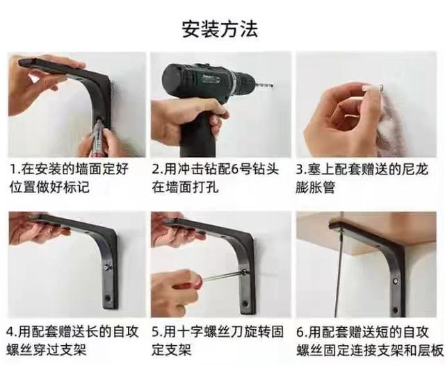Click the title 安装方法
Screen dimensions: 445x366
220,28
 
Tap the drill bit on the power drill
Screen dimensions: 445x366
264,84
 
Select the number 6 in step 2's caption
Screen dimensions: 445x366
235,170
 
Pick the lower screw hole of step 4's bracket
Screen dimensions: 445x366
108,299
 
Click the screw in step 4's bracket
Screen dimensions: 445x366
106,267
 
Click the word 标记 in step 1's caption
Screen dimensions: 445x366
76,187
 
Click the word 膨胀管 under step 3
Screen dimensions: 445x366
315,187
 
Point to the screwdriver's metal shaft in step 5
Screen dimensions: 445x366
224,275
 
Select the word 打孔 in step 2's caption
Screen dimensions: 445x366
206,187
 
